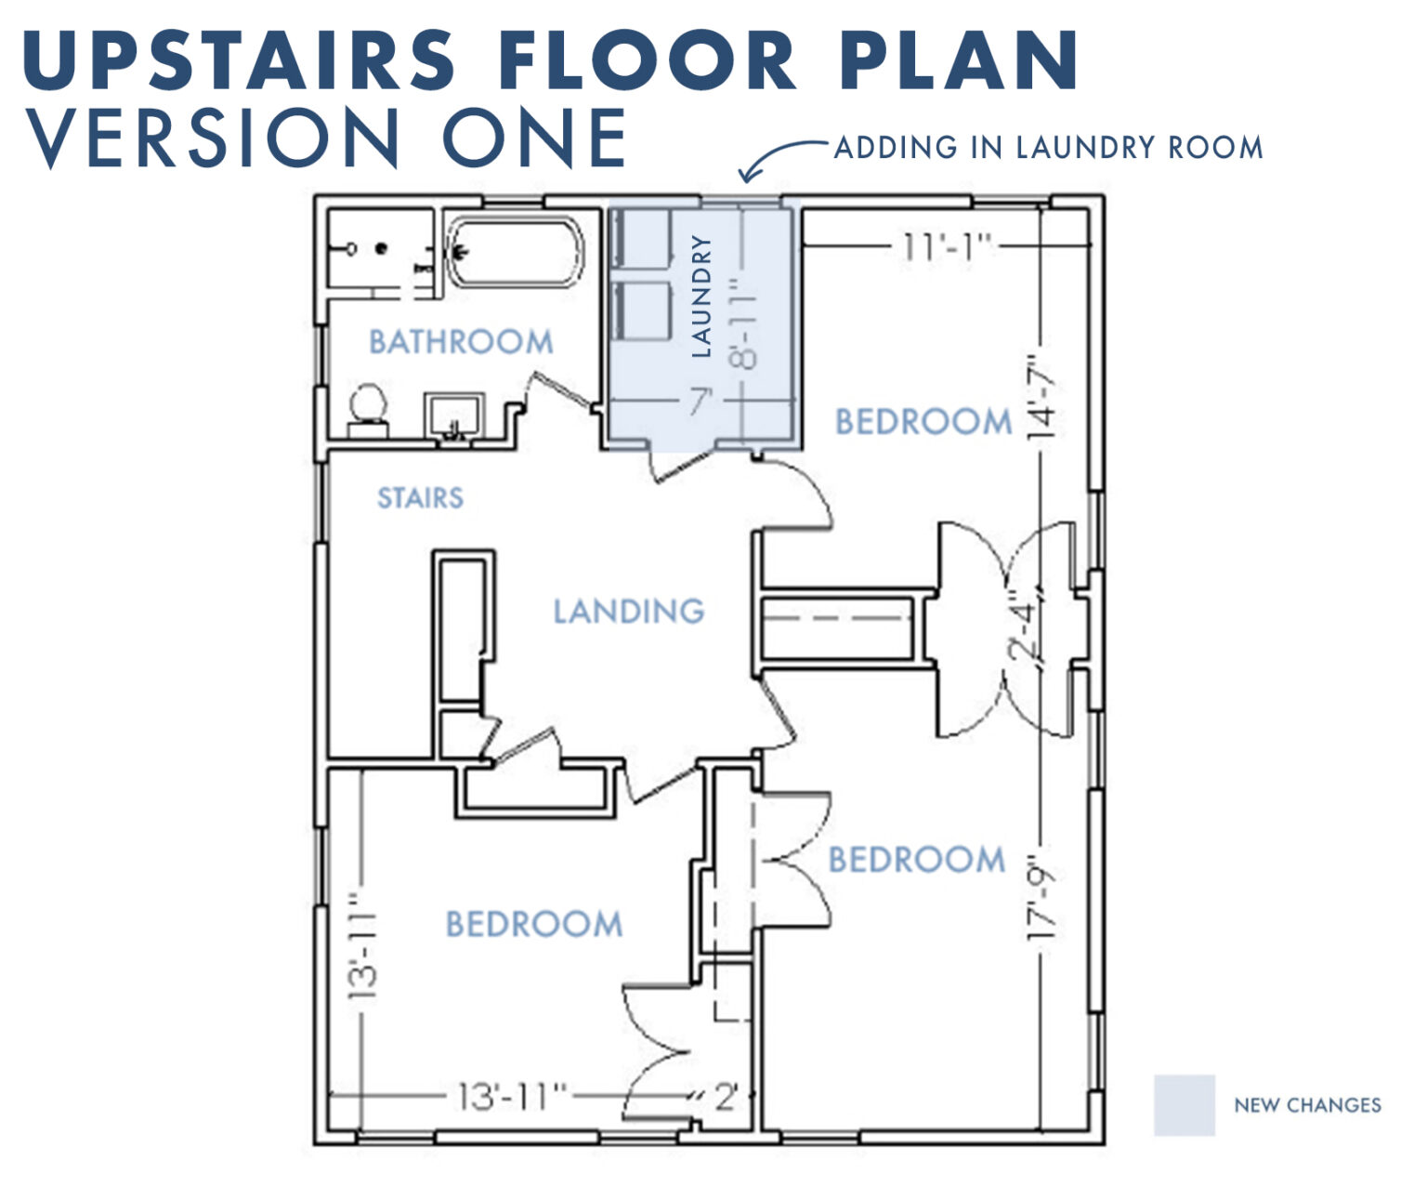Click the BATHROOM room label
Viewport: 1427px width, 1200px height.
coord(461,342)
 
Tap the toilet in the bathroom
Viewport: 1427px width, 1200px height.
coord(367,409)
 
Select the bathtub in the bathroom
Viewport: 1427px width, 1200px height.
coord(514,252)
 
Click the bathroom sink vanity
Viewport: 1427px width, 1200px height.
coord(453,414)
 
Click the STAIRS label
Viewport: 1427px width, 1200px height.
coord(420,498)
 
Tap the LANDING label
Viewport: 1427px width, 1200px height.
coord(629,611)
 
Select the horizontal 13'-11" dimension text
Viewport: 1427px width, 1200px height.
coord(512,1097)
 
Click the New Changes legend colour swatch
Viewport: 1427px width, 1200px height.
coord(1184,1105)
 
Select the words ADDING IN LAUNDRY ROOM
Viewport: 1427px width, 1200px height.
coord(1048,148)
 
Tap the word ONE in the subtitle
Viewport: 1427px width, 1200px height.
coord(534,137)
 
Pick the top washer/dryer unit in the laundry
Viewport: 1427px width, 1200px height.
coord(644,240)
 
